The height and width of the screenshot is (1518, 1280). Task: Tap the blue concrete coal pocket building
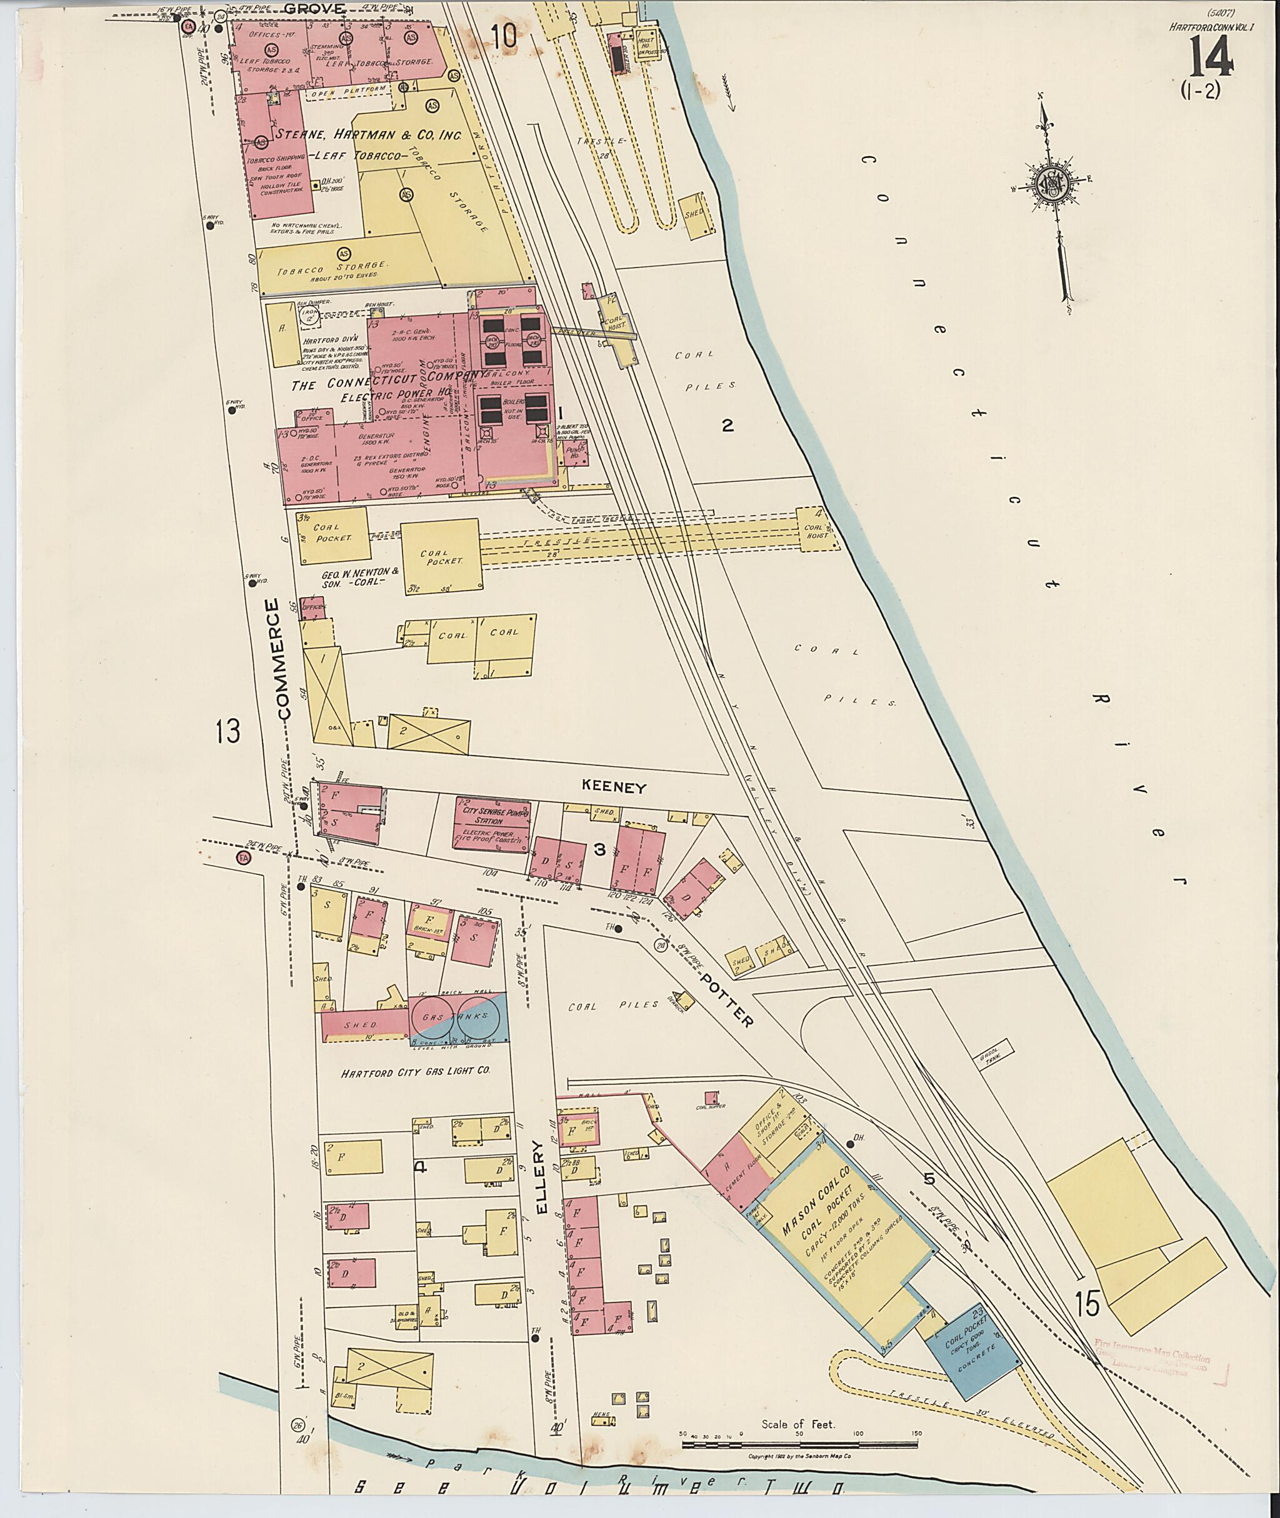click(972, 1351)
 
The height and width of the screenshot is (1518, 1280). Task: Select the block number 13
click(226, 731)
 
